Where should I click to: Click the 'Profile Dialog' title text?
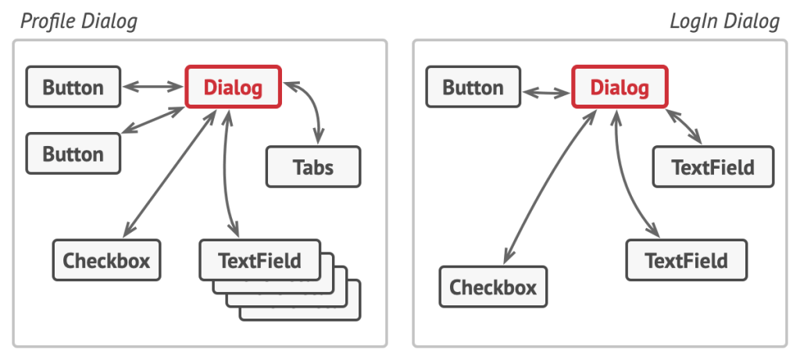click(79, 22)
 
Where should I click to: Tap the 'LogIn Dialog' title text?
click(724, 22)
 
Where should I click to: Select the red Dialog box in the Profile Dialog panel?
click(233, 87)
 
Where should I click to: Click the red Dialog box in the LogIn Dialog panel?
click(620, 87)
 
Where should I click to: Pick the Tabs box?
click(313, 167)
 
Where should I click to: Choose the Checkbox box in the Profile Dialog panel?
click(106, 260)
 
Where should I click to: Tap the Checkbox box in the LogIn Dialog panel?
click(494, 287)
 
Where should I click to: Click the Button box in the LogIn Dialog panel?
click(473, 87)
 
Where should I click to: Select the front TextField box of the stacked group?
click(259, 260)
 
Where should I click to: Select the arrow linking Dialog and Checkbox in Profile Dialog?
click(170, 173)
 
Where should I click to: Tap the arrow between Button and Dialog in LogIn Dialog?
click(546, 93)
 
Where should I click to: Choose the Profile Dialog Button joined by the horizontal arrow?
click(73, 87)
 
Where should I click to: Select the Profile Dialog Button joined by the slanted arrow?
click(73, 154)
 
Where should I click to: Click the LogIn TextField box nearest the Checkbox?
click(686, 260)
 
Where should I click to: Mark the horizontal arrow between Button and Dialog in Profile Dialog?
click(152, 87)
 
